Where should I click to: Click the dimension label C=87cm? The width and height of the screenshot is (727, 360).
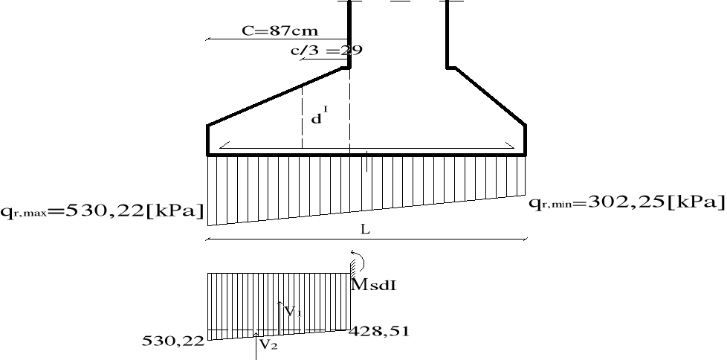280,31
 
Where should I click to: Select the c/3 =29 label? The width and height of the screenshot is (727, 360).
326,50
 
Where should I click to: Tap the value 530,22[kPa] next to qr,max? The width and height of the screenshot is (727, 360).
135,211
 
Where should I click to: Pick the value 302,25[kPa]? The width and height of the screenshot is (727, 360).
656,202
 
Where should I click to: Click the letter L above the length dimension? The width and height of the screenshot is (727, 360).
365,229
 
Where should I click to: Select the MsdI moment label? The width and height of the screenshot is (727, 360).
374,284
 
